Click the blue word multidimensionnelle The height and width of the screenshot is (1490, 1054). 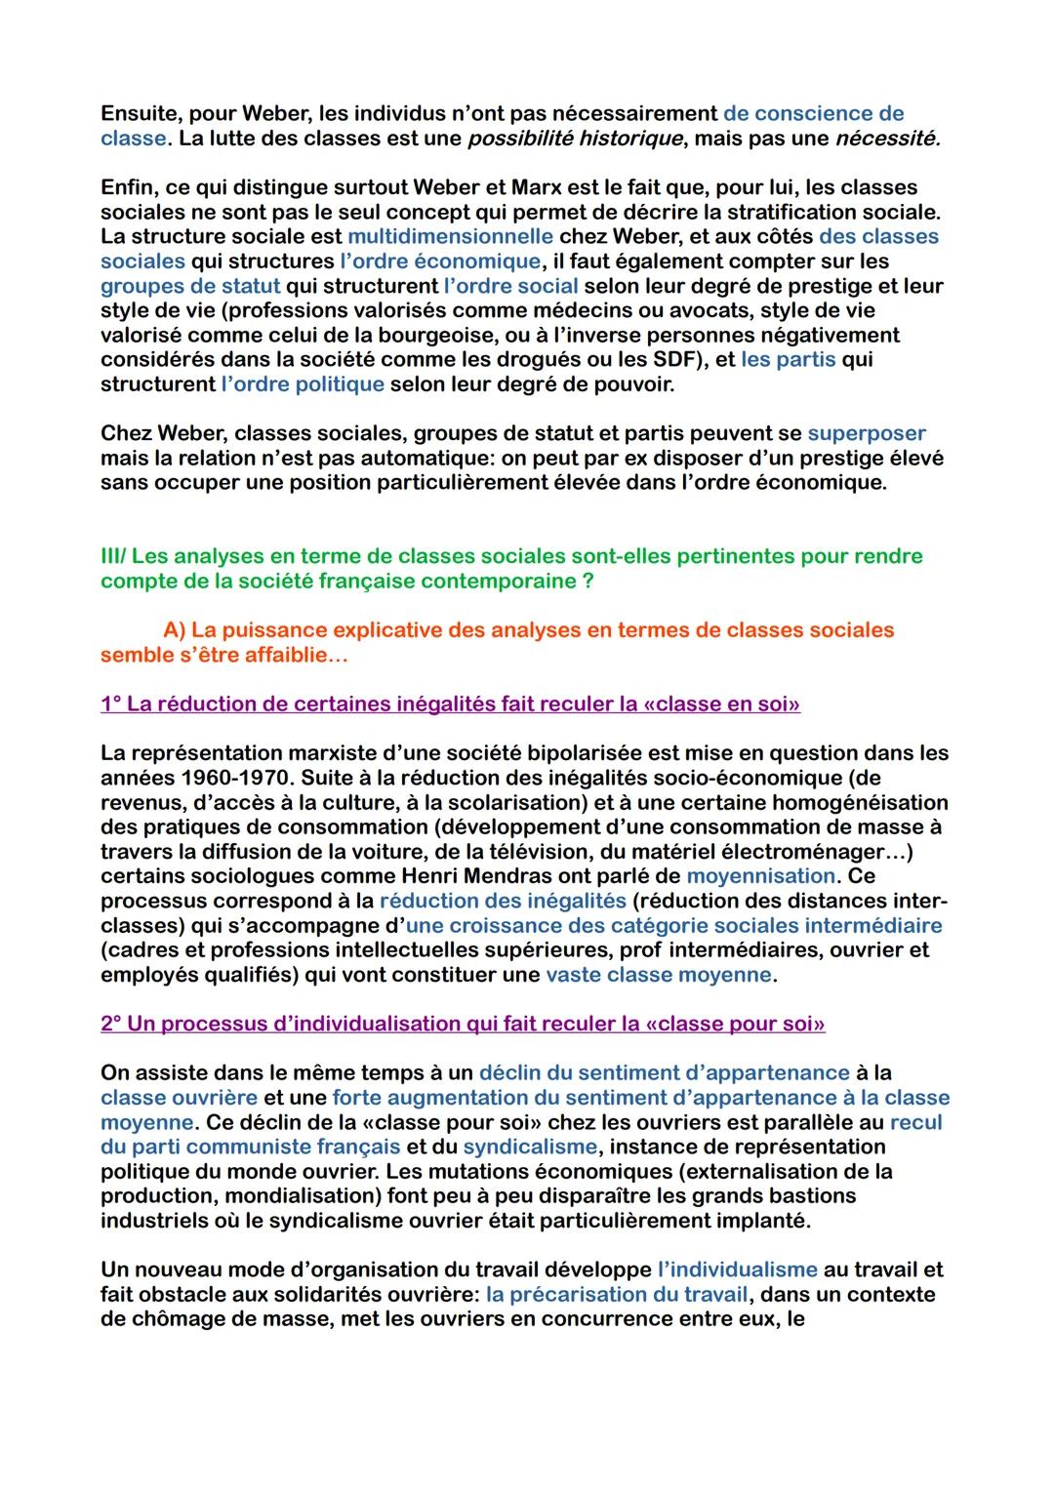(x=450, y=236)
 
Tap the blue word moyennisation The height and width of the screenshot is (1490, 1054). (x=760, y=876)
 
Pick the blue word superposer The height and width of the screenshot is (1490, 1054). (x=866, y=433)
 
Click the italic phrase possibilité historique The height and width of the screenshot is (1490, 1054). (x=574, y=138)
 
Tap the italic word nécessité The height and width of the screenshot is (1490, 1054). (x=888, y=138)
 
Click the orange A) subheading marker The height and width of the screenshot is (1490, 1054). (x=175, y=630)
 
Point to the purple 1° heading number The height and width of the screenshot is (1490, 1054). (x=110, y=705)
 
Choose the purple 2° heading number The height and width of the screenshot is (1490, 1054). (x=110, y=1024)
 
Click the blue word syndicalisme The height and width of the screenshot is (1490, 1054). (x=529, y=1147)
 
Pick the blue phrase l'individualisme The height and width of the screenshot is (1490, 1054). (x=737, y=1269)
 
